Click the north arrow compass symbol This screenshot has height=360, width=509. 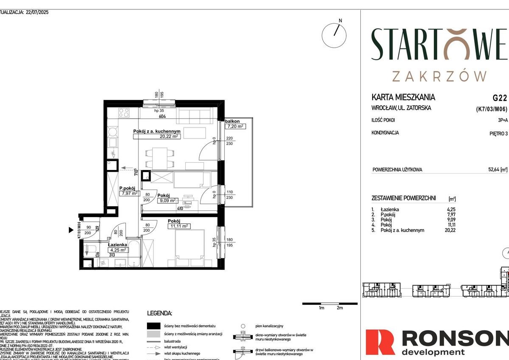pos(334,35)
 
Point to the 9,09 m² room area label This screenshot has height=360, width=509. pos(167,201)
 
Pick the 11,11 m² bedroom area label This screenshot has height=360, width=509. pos(179,226)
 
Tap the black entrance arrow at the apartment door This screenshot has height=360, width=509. pos(71,230)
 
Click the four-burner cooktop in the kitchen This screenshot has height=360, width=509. pos(124,113)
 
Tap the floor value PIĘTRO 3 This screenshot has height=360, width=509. pos(498,133)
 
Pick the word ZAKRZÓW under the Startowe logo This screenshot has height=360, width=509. pos(439,77)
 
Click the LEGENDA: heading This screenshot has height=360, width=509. pos(159,313)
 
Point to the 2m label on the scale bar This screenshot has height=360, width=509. pos(339,308)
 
